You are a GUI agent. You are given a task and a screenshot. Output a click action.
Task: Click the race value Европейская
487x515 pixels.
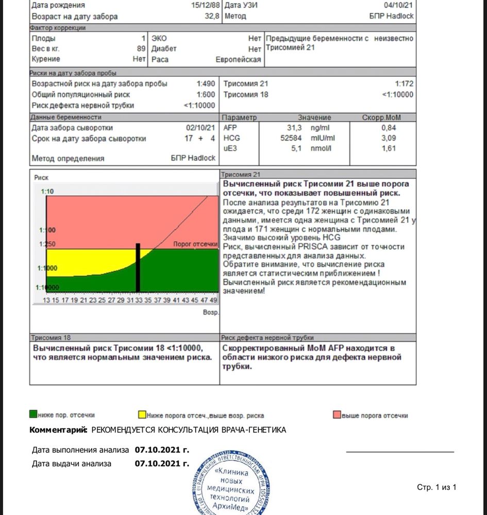238,59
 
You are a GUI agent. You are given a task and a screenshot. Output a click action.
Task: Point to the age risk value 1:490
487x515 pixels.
205,83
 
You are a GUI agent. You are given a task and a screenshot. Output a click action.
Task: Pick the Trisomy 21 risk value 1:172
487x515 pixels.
404,83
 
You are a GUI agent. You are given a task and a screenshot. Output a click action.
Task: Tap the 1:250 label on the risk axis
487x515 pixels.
47,244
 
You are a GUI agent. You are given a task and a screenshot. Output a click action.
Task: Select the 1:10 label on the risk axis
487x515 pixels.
47,192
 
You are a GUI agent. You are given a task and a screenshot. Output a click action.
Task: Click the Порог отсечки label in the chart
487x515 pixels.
195,244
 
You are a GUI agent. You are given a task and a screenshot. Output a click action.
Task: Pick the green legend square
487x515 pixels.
33,414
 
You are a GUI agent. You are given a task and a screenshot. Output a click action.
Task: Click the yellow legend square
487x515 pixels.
142,414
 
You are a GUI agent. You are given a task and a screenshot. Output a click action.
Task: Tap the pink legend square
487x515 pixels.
337,414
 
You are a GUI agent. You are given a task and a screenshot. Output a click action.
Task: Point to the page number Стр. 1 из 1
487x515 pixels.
436,487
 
